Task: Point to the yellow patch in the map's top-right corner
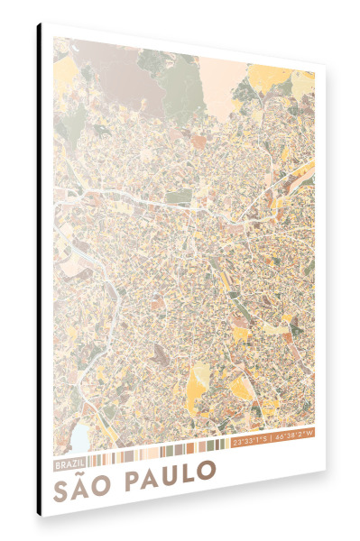(301, 86)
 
